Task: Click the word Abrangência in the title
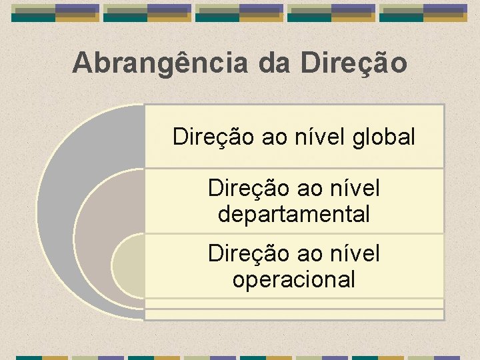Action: (x=161, y=64)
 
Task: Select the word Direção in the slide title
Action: (x=353, y=64)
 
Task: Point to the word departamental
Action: (x=293, y=215)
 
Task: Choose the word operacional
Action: (x=293, y=279)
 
